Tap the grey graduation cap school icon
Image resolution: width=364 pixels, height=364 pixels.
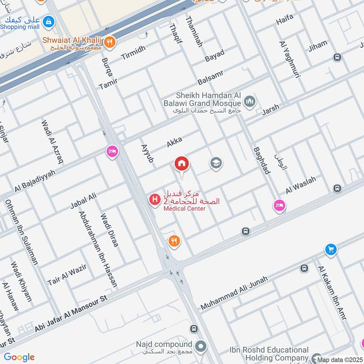pyautogui.click(x=216, y=163)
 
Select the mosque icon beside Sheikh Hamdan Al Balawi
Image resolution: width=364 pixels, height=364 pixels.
pyautogui.click(x=249, y=101)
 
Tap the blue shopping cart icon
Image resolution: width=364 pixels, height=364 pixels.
pyautogui.click(x=331, y=249)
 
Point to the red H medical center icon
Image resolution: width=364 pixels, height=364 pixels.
pyautogui.click(x=155, y=199)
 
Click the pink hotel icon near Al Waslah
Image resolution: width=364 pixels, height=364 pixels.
pyautogui.click(x=279, y=206)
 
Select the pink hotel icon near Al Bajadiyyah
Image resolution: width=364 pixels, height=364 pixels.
pyautogui.click(x=112, y=152)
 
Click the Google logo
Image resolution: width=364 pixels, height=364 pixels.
pyautogui.click(x=19, y=357)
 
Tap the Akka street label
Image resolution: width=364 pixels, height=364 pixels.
pyautogui.click(x=174, y=142)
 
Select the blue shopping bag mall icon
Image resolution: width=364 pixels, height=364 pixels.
pyautogui.click(x=48, y=21)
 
